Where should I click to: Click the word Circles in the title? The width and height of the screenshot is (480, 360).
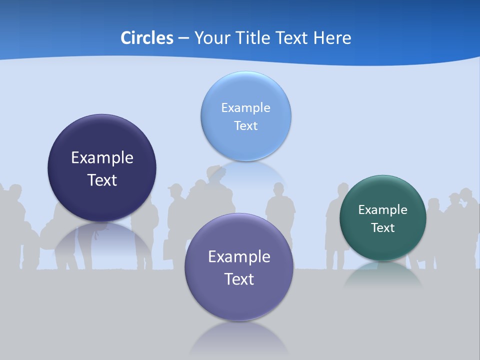(x=146, y=38)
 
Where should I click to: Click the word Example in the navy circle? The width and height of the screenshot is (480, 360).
(x=102, y=157)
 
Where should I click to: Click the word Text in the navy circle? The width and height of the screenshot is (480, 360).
(x=102, y=180)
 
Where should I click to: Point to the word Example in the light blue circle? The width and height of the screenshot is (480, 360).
(x=245, y=107)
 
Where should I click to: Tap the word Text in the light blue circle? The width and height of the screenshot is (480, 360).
(x=245, y=125)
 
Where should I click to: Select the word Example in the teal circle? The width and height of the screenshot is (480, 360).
(x=382, y=209)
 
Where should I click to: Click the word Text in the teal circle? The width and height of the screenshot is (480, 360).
(x=382, y=227)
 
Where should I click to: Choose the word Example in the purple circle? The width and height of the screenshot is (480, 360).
(x=238, y=256)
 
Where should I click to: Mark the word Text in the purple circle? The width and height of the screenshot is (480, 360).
(x=238, y=279)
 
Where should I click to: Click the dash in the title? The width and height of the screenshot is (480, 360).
(x=183, y=38)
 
